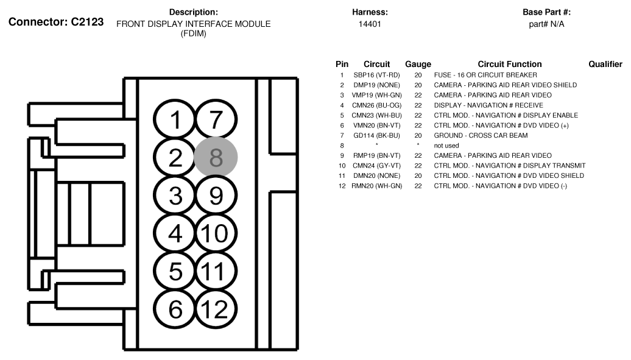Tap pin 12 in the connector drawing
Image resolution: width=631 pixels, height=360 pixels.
213,309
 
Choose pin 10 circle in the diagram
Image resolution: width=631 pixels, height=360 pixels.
213,233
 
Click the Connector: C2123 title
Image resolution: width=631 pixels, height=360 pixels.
56,22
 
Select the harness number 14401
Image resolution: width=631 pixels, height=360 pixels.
370,24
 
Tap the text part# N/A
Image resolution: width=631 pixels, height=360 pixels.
546,24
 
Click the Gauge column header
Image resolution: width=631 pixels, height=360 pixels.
418,64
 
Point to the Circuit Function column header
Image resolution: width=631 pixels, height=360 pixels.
509,64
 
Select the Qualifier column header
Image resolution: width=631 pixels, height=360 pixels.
605,64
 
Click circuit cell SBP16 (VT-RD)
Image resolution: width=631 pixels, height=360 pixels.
376,75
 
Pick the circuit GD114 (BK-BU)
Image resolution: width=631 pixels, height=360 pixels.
376,135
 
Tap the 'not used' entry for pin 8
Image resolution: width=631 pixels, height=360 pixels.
446,146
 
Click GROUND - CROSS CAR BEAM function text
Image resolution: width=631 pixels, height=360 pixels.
481,135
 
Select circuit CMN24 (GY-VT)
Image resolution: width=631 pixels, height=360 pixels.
376,166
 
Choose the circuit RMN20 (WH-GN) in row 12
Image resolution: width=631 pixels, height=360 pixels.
376,186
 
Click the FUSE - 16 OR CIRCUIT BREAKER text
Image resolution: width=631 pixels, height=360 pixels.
485,75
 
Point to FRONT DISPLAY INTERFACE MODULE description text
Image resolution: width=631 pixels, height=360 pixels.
193,24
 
